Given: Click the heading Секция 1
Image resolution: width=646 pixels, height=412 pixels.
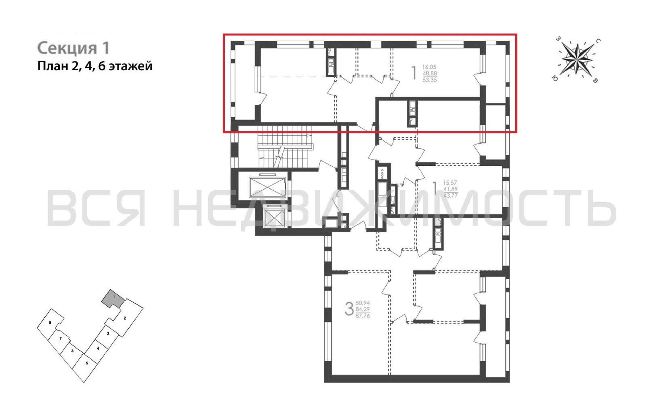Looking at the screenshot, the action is pyautogui.click(x=74, y=48).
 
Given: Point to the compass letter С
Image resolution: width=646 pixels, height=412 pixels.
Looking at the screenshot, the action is pyautogui.click(x=598, y=41).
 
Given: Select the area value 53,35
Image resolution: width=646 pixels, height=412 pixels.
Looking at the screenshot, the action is pyautogui.click(x=430, y=80).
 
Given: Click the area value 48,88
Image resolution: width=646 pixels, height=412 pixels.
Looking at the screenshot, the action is pyautogui.click(x=430, y=73).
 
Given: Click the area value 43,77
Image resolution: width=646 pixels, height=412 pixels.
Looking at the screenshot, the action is pyautogui.click(x=451, y=196).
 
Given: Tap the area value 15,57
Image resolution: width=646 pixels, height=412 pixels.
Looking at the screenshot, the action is pyautogui.click(x=450, y=183).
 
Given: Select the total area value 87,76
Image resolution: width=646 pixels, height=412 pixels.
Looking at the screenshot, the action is pyautogui.click(x=363, y=316).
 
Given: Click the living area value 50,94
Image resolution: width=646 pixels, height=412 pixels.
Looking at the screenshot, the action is pyautogui.click(x=363, y=303).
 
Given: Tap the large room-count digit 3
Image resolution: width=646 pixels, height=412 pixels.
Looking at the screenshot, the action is pyautogui.click(x=349, y=309).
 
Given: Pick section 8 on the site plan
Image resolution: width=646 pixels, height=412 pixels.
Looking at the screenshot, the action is pyautogui.click(x=50, y=323).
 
